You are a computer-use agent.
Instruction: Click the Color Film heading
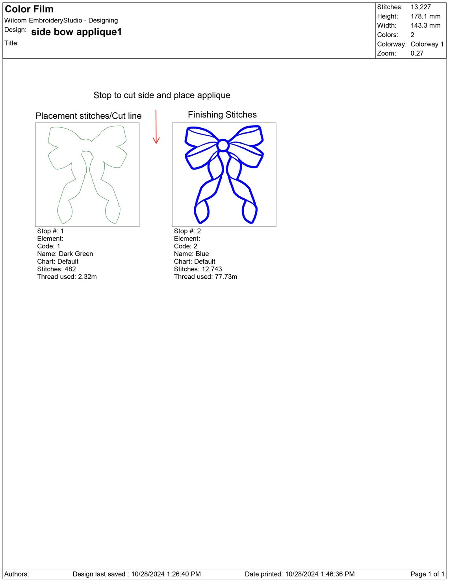[29, 9]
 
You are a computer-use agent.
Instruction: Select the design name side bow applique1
[76, 32]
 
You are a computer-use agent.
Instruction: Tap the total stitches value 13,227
[421, 7]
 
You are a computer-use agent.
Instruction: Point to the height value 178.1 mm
[425, 16]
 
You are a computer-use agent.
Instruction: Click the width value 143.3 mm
[425, 26]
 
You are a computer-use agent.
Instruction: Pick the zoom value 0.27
[417, 53]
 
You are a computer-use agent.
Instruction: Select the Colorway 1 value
[427, 44]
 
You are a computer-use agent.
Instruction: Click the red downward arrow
[156, 127]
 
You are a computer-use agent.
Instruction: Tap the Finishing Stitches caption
[222, 115]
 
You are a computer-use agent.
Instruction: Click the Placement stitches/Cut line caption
[89, 116]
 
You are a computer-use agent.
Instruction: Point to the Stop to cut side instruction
[162, 95]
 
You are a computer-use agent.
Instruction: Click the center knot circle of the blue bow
[223, 146]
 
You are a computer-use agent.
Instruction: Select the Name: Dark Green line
[65, 254]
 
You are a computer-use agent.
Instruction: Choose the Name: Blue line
[191, 254]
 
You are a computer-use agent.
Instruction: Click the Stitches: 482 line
[57, 269]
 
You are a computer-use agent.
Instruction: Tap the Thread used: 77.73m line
[206, 277]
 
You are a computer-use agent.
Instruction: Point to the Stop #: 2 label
[187, 231]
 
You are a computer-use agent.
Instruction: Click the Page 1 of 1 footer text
[427, 574]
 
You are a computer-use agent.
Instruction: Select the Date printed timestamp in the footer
[300, 574]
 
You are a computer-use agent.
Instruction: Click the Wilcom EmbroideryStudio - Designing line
[61, 21]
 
